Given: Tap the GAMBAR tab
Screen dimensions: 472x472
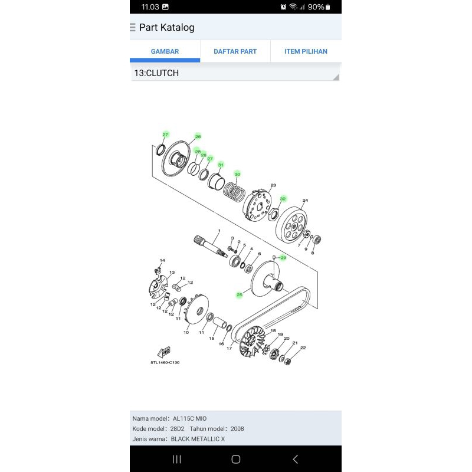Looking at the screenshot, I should click(x=165, y=51).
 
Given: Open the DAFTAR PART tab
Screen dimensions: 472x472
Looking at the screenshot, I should click(x=235, y=51).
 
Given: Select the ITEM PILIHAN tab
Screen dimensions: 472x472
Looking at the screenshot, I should click(x=306, y=51).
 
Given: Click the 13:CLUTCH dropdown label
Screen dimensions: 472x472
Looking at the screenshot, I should click(x=156, y=73).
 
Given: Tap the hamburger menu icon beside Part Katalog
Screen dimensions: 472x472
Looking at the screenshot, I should click(x=133, y=28).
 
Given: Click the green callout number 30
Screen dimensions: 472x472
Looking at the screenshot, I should click(x=237, y=174).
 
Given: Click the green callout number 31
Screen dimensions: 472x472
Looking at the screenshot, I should click(x=221, y=165).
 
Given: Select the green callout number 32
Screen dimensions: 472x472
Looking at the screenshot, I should click(x=283, y=199).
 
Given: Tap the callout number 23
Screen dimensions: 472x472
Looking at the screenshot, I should click(x=273, y=185).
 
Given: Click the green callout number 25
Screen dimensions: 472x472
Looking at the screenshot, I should click(x=240, y=294).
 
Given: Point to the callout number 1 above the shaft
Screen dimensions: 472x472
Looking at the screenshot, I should click(x=219, y=231).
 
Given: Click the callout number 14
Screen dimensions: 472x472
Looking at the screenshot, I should click(x=162, y=260).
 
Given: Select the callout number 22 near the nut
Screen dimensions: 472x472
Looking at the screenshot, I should click(x=303, y=348).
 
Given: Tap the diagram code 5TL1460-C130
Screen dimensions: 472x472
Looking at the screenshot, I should click(x=165, y=362).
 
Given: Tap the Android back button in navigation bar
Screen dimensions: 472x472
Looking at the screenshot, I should click(x=295, y=459).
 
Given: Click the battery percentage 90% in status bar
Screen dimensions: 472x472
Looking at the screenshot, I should click(x=316, y=7).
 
